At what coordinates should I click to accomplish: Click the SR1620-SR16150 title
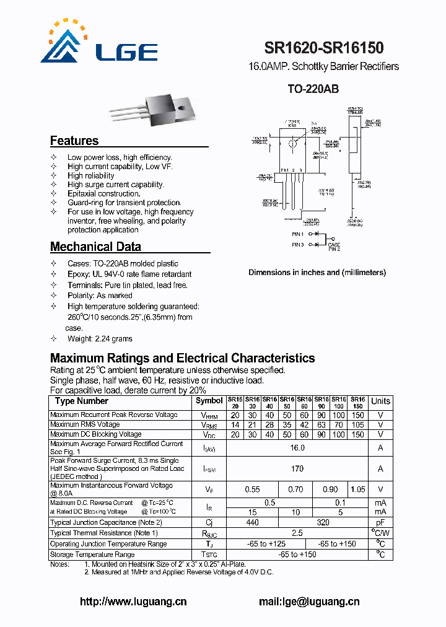click(323, 48)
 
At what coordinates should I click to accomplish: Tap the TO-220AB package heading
click(313, 89)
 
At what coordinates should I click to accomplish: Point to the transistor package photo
click(167, 109)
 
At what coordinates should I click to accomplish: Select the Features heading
click(74, 141)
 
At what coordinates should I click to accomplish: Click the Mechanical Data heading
click(95, 247)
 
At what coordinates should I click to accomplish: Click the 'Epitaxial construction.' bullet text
click(103, 193)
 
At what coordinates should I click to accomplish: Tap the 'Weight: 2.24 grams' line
click(99, 339)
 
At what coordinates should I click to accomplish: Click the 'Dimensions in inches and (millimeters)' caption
click(317, 273)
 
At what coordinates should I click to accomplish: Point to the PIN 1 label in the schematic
click(297, 235)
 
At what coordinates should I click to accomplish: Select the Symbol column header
click(209, 401)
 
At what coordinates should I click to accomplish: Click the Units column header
click(380, 401)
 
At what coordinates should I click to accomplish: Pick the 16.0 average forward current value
click(297, 448)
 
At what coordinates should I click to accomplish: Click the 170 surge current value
click(297, 469)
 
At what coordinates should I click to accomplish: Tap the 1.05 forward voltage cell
click(358, 489)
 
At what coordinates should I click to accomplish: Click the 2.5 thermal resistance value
click(297, 533)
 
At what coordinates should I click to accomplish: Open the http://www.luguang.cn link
click(133, 602)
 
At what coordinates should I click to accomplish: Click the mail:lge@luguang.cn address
click(308, 602)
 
